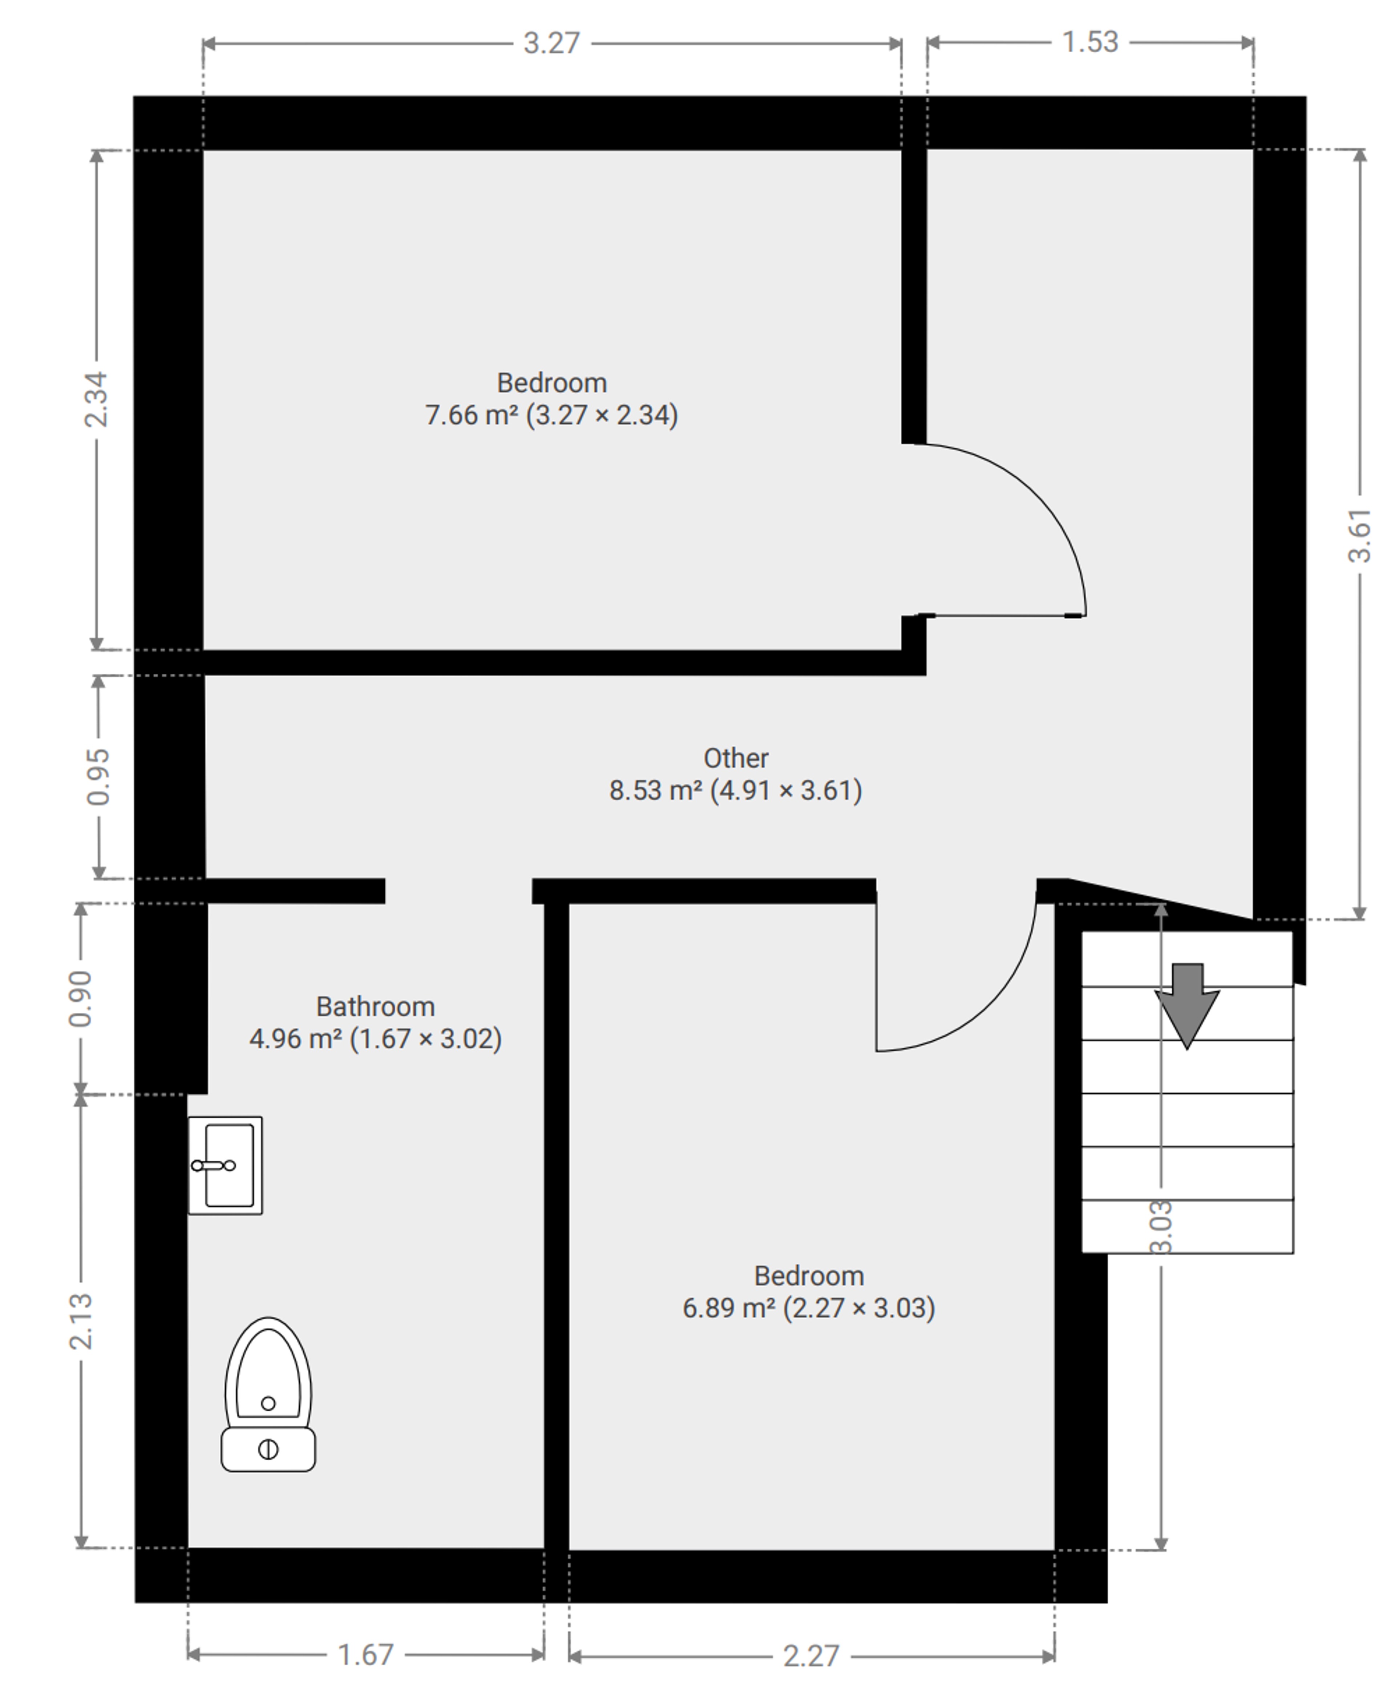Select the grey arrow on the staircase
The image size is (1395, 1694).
[x=1187, y=1006]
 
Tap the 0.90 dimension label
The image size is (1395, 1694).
[x=80, y=999]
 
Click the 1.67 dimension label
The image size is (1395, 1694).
[x=365, y=1655]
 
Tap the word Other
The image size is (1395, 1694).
[x=736, y=758]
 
